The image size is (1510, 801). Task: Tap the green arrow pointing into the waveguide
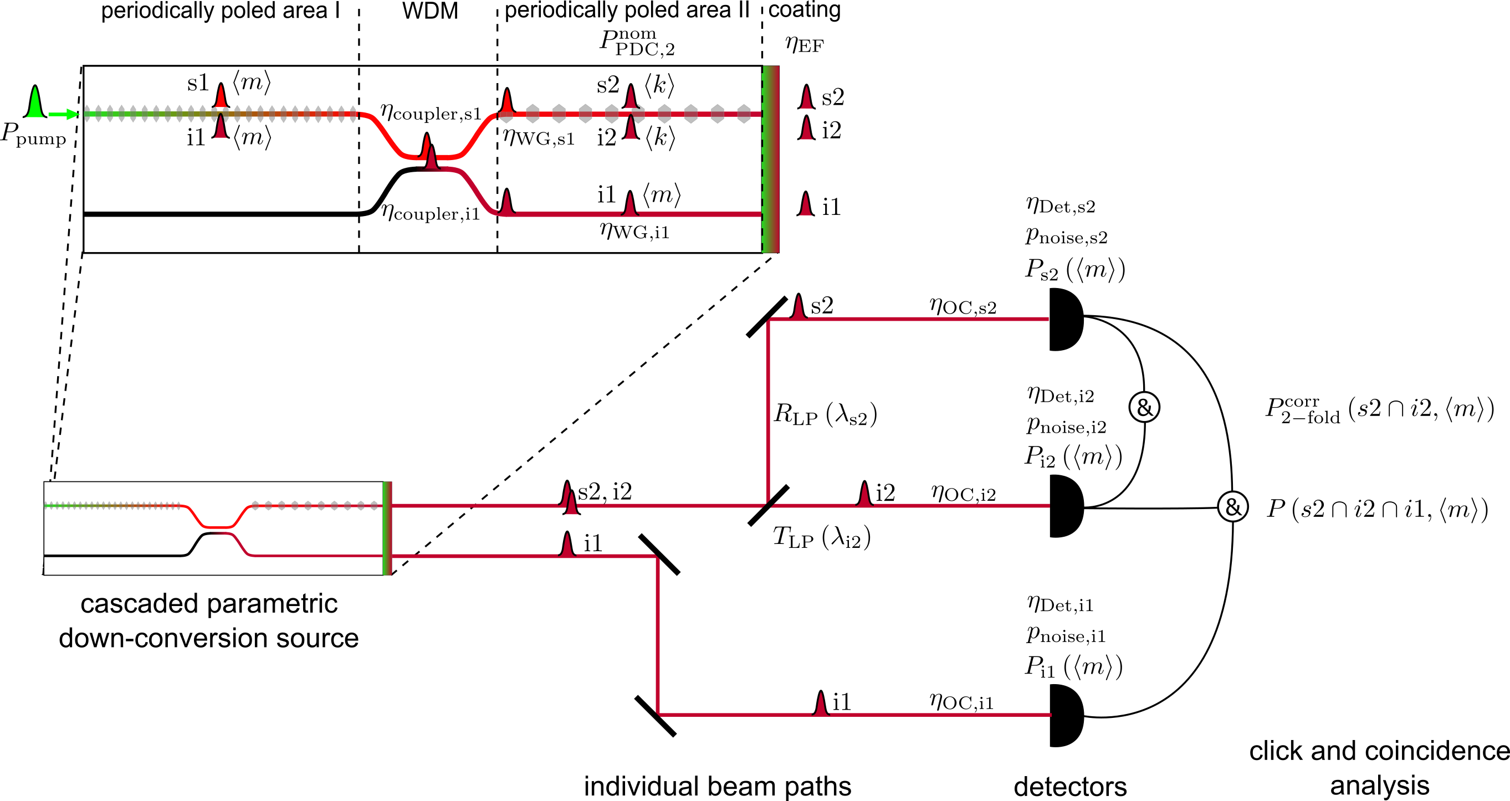pos(64,114)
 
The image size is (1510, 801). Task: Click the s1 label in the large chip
pos(197,83)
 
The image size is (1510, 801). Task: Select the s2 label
pos(608,85)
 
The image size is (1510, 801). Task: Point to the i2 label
pos(607,138)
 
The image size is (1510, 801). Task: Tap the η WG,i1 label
pos(634,231)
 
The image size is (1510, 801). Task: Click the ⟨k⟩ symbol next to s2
pos(659,86)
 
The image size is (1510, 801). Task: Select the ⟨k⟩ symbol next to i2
pos(660,138)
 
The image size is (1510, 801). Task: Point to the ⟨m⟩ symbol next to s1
pos(252,83)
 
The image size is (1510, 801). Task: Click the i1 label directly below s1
pos(196,138)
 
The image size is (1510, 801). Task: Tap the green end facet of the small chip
pos(387,528)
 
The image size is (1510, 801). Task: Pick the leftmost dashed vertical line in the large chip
pos(359,176)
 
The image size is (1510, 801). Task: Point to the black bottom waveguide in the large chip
pos(223,214)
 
